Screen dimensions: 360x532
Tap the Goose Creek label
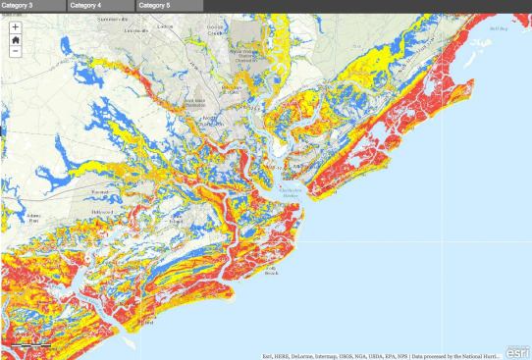[217, 33]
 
